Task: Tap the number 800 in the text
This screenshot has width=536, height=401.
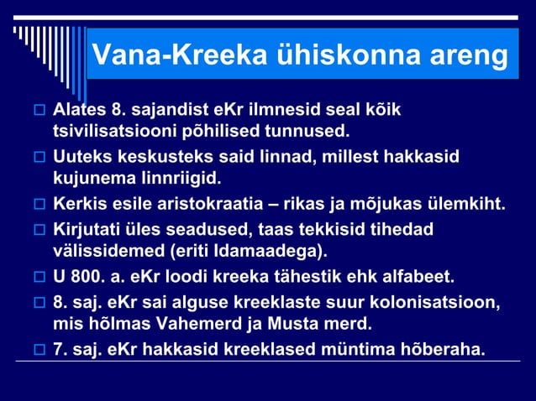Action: tap(87, 275)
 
